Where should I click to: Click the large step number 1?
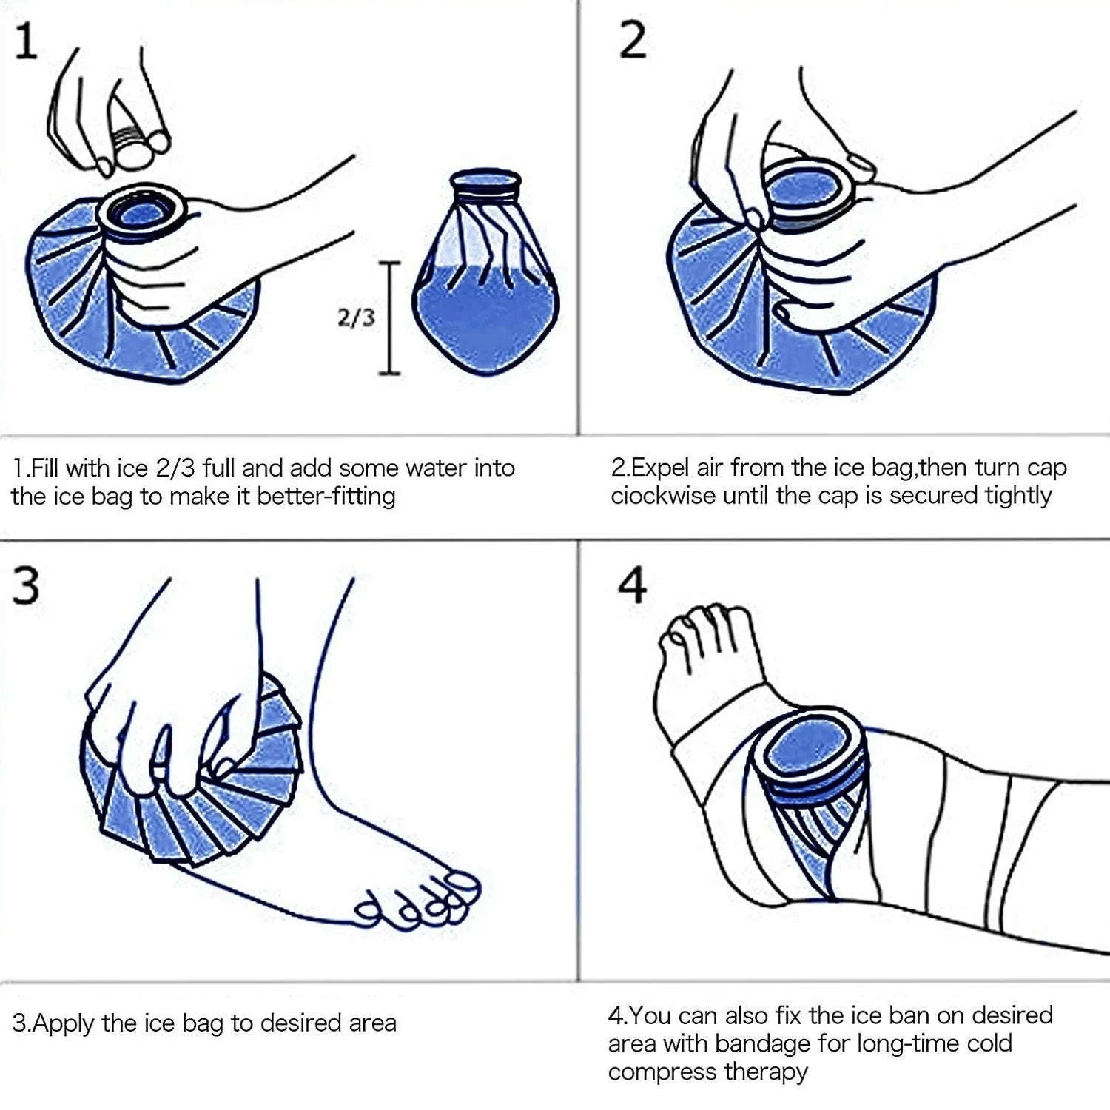pyautogui.click(x=26, y=41)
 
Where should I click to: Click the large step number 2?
pyautogui.click(x=633, y=40)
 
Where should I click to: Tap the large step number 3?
pyautogui.click(x=26, y=587)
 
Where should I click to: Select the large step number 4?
pyautogui.click(x=633, y=586)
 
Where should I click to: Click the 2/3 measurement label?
pyautogui.click(x=356, y=318)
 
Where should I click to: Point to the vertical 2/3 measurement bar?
pyautogui.click(x=390, y=318)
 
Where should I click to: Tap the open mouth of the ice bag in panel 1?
pyautogui.click(x=142, y=214)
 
